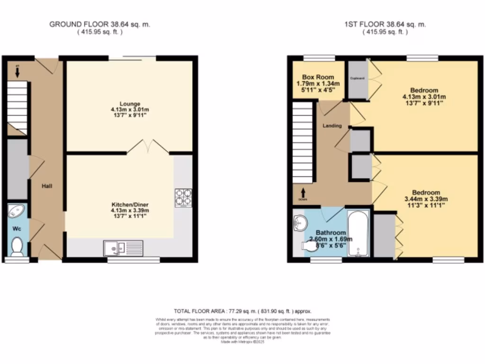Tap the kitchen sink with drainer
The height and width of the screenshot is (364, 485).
(123, 247)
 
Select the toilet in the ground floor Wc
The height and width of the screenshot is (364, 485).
(18, 246)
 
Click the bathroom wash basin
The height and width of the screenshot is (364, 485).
(299, 221)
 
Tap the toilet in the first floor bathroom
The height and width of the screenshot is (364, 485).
(310, 246)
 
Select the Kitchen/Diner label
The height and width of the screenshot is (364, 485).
(129, 205)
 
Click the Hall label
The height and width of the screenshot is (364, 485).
(45, 185)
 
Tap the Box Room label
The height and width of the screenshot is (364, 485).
(318, 77)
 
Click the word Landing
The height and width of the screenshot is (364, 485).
(332, 126)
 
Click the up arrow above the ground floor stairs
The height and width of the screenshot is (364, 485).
(17, 72)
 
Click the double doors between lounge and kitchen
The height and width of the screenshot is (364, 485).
(148, 147)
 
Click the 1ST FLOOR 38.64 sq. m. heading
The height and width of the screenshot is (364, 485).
(385, 24)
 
